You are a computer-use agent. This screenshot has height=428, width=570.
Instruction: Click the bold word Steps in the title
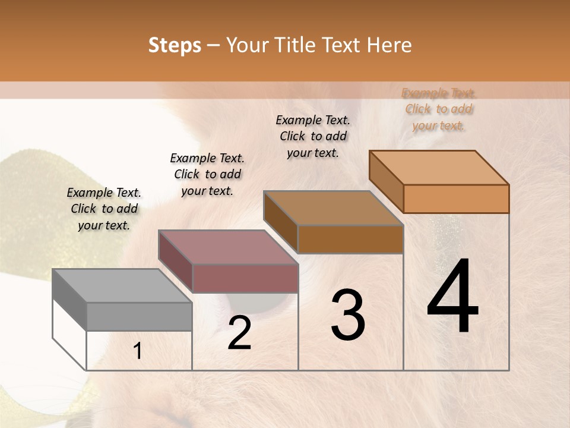[175, 45]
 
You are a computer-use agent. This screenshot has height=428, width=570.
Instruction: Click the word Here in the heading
[388, 45]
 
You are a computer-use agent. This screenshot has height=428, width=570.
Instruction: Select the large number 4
[453, 297]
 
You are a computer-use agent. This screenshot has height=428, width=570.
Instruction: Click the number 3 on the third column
[348, 315]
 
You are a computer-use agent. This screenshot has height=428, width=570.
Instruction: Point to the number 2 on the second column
[239, 333]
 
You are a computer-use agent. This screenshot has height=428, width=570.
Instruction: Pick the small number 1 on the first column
[138, 351]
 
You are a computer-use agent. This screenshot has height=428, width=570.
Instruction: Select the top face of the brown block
[333, 208]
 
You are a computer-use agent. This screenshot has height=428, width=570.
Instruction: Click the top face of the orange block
[439, 168]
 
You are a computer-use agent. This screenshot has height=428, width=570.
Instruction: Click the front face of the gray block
[140, 316]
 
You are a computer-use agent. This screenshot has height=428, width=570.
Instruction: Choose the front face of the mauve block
[245, 278]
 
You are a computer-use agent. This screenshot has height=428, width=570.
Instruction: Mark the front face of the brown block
[350, 239]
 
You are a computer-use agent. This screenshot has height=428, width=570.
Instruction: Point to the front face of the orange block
[456, 199]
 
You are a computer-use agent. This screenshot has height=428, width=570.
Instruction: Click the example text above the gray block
[104, 209]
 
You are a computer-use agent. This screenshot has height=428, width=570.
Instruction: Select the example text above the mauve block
[207, 174]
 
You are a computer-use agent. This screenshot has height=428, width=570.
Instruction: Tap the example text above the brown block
[313, 136]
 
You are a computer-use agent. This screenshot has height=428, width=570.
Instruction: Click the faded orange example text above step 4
[438, 109]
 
